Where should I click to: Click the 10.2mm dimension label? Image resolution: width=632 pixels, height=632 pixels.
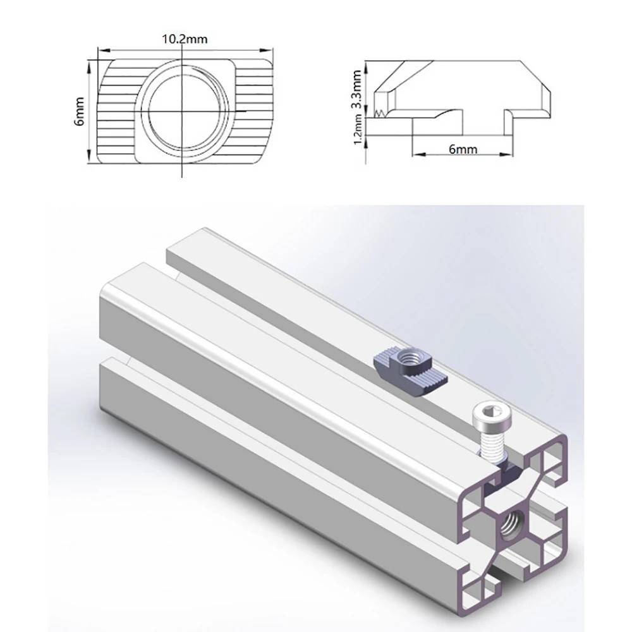coord(185,39)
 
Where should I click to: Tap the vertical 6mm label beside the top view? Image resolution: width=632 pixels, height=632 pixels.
coord(80,111)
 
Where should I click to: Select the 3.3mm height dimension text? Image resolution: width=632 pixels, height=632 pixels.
coord(356,90)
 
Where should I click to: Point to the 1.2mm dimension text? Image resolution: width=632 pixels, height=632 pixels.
coord(358,130)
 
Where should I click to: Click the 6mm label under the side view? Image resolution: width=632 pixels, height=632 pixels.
coord(463,149)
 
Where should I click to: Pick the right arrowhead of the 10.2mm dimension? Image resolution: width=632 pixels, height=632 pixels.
coord(267,51)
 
